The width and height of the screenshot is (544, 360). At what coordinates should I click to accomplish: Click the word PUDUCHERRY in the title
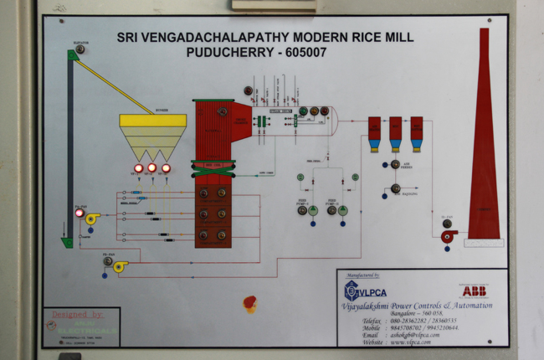(x=226, y=52)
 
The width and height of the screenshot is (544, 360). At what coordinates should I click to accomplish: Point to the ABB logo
(x=473, y=291)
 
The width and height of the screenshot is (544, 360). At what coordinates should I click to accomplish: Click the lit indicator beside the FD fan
(x=80, y=213)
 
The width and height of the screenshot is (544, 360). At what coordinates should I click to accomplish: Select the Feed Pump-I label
(x=304, y=202)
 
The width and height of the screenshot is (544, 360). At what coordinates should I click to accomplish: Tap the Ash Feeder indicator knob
(x=395, y=164)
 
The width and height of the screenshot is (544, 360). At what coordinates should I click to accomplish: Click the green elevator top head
(x=73, y=54)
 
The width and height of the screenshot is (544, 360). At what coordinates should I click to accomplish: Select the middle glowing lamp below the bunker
(x=152, y=168)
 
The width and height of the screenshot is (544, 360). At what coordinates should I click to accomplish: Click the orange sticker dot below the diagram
(x=249, y=303)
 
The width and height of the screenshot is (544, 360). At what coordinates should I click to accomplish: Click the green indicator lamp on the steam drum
(x=302, y=111)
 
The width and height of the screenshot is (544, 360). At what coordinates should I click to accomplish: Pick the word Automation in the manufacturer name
(x=470, y=306)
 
